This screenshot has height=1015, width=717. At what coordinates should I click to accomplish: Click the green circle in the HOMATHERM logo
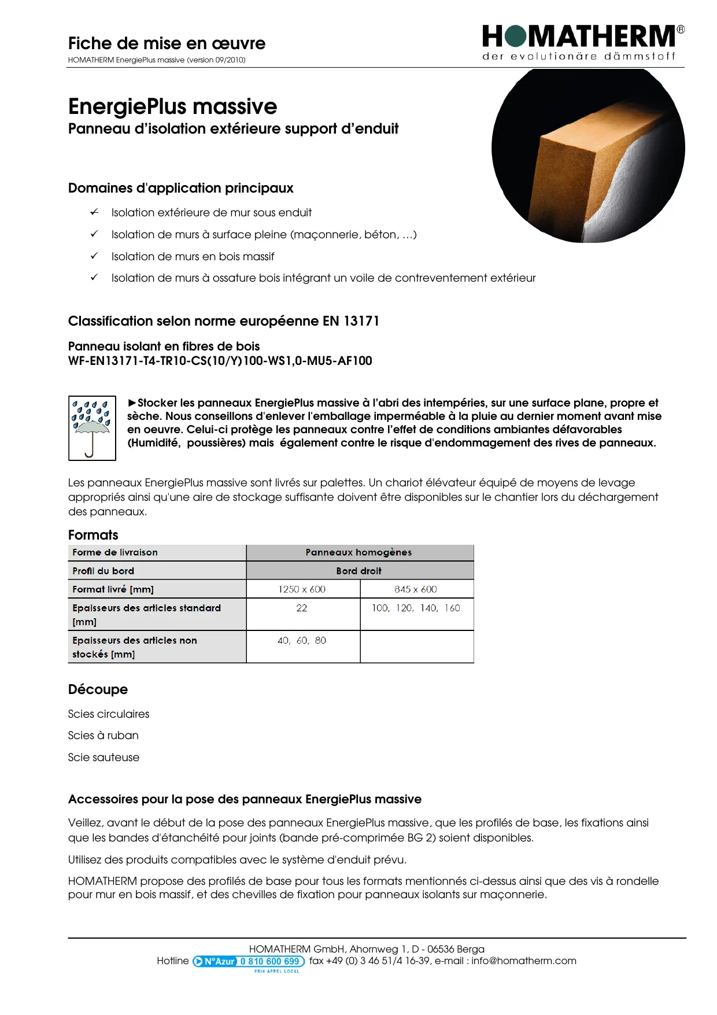[515, 36]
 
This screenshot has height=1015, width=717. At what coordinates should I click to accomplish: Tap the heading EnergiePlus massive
[172, 107]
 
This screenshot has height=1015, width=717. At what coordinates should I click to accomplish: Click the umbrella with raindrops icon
[92, 428]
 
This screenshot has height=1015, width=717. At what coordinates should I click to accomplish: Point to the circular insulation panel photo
[587, 155]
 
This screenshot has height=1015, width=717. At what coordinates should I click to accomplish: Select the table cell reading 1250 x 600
[302, 589]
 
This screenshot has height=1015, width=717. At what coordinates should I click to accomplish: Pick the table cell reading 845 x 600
[416, 589]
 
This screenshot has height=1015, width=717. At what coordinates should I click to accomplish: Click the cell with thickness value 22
[302, 608]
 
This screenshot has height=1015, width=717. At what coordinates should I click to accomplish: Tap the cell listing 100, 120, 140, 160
[416, 608]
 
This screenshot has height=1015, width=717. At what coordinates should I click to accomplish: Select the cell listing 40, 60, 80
[302, 641]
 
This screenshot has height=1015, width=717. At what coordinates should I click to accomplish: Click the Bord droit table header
[359, 571]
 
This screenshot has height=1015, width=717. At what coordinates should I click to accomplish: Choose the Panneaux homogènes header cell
[359, 552]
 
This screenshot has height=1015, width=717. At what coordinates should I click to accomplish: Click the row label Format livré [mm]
[113, 589]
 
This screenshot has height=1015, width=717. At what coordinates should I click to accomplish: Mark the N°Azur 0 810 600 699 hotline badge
[249, 961]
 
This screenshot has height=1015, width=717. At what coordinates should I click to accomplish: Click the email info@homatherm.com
[523, 961]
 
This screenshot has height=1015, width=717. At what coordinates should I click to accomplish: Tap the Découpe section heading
[98, 689]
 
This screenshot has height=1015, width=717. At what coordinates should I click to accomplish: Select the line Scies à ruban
[104, 736]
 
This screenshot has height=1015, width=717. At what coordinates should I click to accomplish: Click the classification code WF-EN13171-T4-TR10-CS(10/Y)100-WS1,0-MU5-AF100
[220, 361]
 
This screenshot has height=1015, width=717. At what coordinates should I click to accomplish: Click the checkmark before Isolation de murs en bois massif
[94, 256]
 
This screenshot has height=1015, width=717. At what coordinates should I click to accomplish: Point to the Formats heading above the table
[93, 535]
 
